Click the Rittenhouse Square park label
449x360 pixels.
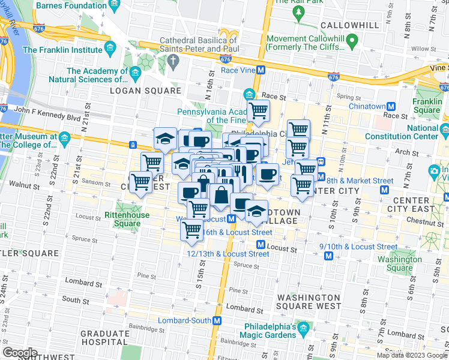pos(122,219)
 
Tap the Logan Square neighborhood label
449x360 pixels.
pos(145,91)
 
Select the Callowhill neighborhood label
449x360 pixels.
pos(350,25)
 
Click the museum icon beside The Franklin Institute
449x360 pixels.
pos(110,47)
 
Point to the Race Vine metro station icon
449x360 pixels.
pos(261,70)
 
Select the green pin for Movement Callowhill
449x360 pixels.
pos(353,41)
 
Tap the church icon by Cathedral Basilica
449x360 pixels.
pos(173,60)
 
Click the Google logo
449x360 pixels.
pos(20,353)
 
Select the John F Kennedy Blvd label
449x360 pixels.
pos(46,110)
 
